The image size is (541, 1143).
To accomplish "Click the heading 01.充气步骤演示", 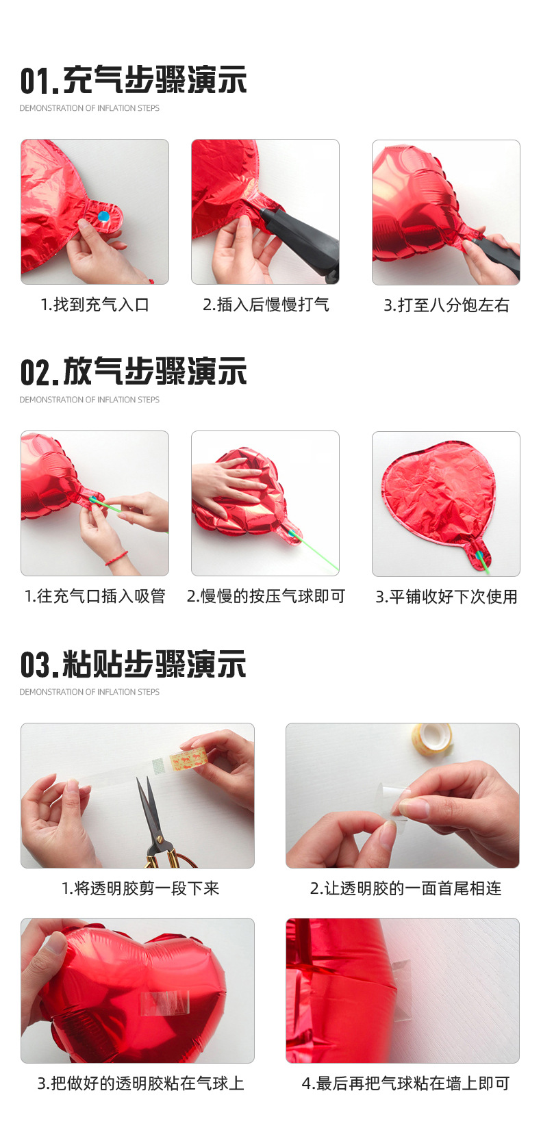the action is click(x=134, y=80).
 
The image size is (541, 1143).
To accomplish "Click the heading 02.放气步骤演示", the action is click(x=134, y=372).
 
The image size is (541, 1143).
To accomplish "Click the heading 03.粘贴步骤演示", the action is click(x=134, y=664).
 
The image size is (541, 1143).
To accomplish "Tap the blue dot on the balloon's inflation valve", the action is click(x=104, y=216).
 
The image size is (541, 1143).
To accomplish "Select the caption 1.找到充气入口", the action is click(x=95, y=305).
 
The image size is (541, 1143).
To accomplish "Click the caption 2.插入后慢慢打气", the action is click(x=266, y=305).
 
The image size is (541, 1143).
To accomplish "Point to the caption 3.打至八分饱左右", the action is click(x=446, y=305).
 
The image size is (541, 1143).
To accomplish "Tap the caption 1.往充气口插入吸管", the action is click(x=95, y=596).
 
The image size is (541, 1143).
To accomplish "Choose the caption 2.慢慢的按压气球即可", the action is click(x=266, y=596).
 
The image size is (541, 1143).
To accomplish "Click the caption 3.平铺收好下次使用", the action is click(x=446, y=597).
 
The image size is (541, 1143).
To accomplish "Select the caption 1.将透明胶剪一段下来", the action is click(x=140, y=888).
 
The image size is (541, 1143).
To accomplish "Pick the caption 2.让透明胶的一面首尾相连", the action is click(x=405, y=888).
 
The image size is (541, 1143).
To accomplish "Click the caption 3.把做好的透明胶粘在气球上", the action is click(x=140, y=1083).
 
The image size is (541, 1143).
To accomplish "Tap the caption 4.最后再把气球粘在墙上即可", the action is click(x=405, y=1083).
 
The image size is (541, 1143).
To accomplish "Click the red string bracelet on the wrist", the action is click(x=116, y=557).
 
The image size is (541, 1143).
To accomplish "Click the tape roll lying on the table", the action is click(x=432, y=737).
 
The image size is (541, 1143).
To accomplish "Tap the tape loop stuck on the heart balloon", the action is click(x=164, y=1003).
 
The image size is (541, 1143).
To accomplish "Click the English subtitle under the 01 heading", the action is click(x=89, y=108).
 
